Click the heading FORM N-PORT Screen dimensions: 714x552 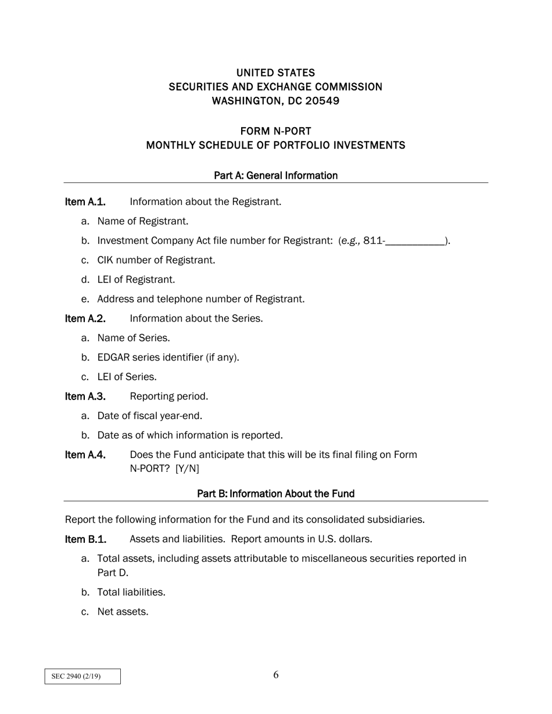[x=275, y=131]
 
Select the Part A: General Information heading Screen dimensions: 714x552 [x=275, y=175]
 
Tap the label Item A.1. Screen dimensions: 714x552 [x=85, y=201]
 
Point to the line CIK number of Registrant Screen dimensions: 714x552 [x=156, y=260]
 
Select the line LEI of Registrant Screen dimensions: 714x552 [x=136, y=280]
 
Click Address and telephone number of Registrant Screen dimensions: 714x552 [x=200, y=299]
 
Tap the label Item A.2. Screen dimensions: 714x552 [x=85, y=318]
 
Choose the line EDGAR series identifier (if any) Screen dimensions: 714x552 [x=168, y=357]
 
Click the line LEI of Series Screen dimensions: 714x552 [x=127, y=377]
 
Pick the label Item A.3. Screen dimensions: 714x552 [x=85, y=396]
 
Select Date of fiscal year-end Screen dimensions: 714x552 [x=149, y=416]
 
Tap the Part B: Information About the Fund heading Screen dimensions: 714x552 [x=275, y=493]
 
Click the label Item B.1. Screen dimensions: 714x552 [x=85, y=539]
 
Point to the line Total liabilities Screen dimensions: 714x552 [x=131, y=592]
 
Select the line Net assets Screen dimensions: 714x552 [x=123, y=611]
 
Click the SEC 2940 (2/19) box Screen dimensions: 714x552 [x=83, y=676]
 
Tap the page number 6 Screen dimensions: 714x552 [x=276, y=675]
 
